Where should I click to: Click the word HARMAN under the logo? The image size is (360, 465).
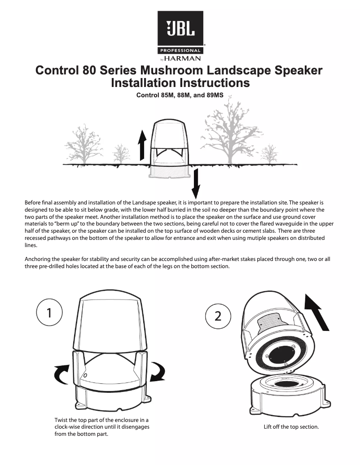[x=183, y=58]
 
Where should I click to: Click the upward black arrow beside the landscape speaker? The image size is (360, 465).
[x=142, y=145]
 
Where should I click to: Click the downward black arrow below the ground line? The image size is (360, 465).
[x=196, y=183]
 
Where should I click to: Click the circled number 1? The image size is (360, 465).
[x=49, y=312]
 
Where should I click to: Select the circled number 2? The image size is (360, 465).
[x=218, y=316]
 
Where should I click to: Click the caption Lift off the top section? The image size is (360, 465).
[x=291, y=426]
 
